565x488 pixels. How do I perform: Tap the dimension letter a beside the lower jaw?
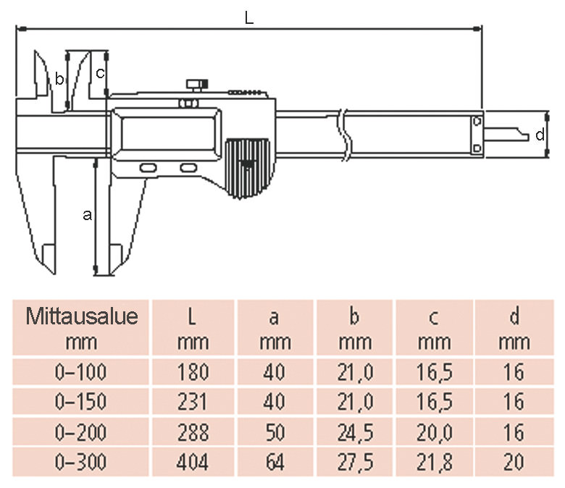coord(88,214)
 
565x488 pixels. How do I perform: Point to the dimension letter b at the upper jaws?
coord(59,80)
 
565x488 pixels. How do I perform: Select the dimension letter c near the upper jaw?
coord(101,72)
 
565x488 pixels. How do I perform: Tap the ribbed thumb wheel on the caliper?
coord(247,167)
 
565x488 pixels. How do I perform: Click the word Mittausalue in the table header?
coord(82,316)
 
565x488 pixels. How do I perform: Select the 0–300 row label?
coord(80,462)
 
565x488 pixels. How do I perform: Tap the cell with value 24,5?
coord(355,432)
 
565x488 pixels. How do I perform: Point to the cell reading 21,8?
coord(435,462)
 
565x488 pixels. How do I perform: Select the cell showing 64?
coord(275,462)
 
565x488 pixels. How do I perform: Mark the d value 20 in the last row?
coord(514,462)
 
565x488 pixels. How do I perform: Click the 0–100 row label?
coord(80,372)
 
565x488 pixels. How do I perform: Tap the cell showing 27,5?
coord(355,462)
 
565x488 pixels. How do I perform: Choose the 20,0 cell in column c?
coord(435,432)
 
